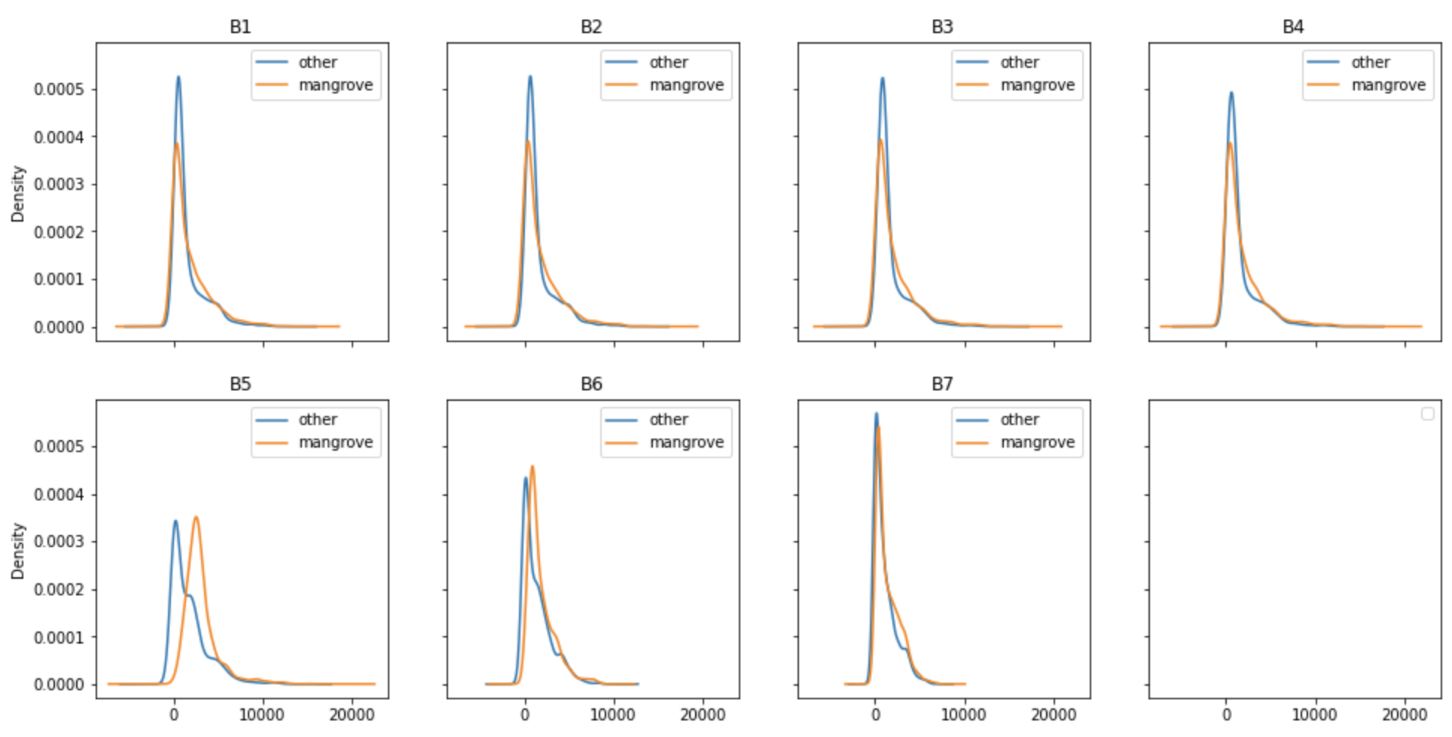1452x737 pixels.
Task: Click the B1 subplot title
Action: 240,27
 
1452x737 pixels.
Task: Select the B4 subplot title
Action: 1293,27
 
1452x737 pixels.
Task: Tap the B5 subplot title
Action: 240,384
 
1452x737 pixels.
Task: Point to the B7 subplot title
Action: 942,384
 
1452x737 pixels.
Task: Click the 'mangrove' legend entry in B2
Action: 686,85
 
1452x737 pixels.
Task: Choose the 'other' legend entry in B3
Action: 1019,63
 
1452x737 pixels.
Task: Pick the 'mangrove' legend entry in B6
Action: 686,442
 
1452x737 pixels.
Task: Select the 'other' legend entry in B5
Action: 317,420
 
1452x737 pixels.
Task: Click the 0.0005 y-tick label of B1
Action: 59,90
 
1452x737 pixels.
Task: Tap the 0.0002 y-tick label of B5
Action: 59,589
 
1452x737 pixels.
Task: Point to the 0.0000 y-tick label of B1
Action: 59,328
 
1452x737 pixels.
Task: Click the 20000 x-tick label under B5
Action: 352,714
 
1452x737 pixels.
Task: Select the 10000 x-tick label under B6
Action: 613,714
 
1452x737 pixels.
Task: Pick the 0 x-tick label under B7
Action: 875,714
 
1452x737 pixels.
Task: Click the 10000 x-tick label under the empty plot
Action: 1315,714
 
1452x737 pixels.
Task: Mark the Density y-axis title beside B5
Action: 18,551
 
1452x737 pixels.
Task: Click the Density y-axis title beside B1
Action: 18,194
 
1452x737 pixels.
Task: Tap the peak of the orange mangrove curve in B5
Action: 196,517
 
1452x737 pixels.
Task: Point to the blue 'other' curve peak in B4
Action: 1231,93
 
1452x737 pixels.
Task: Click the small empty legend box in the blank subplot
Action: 1427,414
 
